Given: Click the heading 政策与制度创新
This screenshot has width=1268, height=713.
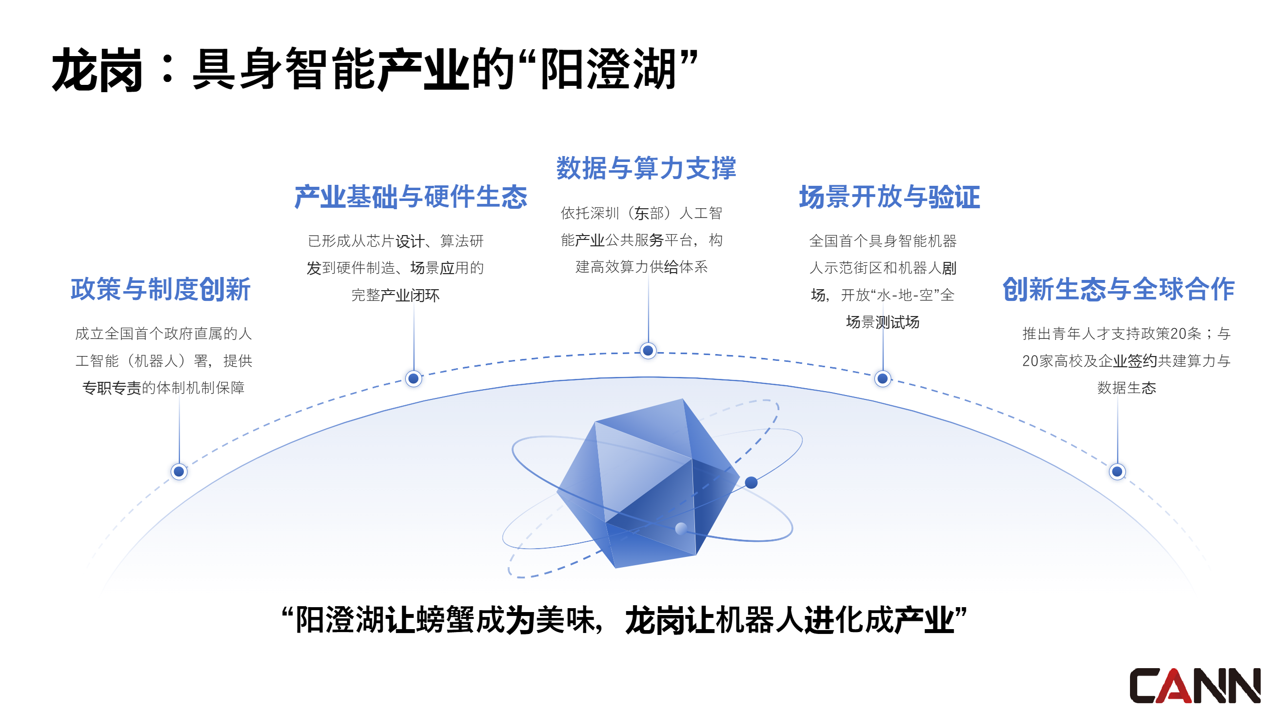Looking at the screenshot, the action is [161, 289].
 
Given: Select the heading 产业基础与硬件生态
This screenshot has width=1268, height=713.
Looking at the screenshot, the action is [411, 197].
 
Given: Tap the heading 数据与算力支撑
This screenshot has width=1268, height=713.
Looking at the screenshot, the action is [646, 168].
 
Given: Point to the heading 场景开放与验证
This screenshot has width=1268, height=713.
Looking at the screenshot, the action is [889, 197].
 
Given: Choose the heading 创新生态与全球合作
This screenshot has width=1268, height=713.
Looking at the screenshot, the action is [1118, 289].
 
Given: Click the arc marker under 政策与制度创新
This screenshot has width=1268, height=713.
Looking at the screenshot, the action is [179, 472].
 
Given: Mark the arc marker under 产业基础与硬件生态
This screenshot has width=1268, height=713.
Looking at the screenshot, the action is [414, 379].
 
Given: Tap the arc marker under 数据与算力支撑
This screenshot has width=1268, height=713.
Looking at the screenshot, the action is [648, 351].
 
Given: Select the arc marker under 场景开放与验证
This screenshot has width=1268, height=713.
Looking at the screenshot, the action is [883, 379].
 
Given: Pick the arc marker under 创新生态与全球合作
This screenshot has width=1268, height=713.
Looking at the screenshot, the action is [1117, 472].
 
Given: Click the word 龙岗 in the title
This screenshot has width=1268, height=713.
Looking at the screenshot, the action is [98, 70].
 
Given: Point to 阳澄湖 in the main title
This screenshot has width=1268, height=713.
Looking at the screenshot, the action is [609, 70].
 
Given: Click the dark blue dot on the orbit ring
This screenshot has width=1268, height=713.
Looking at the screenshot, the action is [751, 483].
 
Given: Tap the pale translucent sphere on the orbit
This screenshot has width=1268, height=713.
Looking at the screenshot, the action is [681, 529].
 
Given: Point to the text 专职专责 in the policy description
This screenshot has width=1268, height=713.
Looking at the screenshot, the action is [112, 388].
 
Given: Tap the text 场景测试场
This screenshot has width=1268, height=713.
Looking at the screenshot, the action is [883, 322].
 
